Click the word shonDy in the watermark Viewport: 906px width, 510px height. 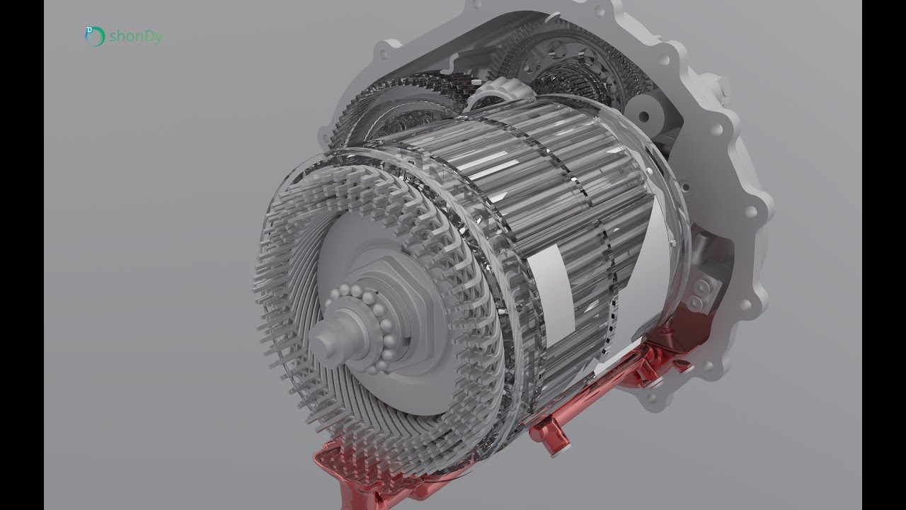coord(136,37)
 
